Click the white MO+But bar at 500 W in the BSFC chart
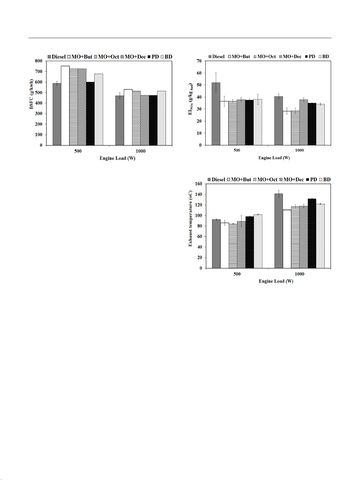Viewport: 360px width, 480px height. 65,106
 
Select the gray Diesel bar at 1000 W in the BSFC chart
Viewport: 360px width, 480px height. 120,121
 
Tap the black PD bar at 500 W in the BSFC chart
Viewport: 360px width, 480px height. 90,114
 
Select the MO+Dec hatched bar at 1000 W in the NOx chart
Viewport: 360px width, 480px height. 303,122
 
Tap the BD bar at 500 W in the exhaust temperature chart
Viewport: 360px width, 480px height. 258,241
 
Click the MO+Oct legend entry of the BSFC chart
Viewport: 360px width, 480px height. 106,57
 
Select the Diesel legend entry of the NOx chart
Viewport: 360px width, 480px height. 216,56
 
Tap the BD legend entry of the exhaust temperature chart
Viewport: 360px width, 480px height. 325,179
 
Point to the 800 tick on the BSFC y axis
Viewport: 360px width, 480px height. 39,61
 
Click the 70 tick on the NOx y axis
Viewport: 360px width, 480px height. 199,61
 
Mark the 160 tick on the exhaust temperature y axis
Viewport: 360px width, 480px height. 199,184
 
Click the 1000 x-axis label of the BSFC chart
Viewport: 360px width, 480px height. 140,151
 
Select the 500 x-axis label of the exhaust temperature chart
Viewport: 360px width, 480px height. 237,274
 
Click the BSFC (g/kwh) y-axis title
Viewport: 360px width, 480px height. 31,94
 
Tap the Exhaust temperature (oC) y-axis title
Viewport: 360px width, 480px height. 190,218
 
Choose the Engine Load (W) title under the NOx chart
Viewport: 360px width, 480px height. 274,158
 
